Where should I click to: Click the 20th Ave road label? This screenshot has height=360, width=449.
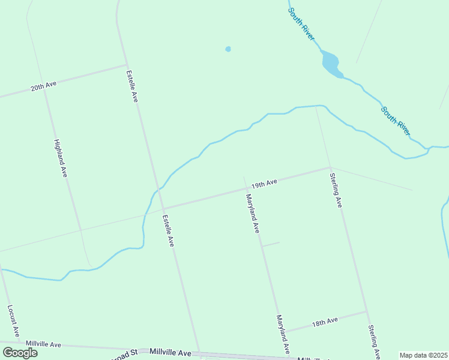[43, 86]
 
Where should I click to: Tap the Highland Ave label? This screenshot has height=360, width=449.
[60, 158]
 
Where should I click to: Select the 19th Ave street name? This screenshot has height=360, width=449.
[264, 182]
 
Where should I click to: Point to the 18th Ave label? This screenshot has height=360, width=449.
[325, 322]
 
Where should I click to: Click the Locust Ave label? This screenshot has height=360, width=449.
[14, 320]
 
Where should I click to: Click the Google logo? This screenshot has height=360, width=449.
[20, 352]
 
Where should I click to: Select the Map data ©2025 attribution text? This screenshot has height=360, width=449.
[423, 355]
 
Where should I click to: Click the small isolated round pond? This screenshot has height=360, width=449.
[228, 49]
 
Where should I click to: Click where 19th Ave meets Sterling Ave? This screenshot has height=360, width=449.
[330, 167]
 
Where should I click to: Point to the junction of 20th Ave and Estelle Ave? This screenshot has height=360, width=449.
[126, 65]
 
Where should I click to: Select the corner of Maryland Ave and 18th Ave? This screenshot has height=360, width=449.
[284, 331]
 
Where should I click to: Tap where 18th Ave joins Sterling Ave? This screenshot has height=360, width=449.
[366, 311]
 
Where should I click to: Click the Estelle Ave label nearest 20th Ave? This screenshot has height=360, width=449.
[132, 86]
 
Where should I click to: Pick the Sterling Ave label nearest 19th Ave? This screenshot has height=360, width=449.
[336, 190]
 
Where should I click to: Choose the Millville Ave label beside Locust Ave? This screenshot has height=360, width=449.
[43, 344]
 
